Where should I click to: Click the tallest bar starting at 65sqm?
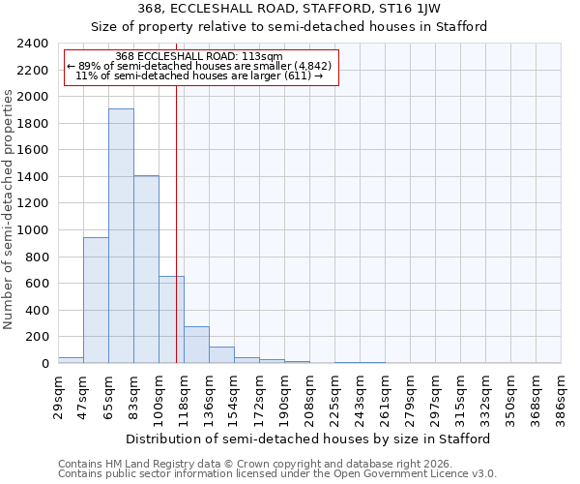click(121, 235)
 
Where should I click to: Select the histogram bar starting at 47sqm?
click(96, 300)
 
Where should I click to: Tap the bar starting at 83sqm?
click(146, 269)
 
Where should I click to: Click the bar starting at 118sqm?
click(196, 345)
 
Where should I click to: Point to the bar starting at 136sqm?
click(221, 354)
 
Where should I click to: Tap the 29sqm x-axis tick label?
click(58, 398)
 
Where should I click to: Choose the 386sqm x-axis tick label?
click(561, 398)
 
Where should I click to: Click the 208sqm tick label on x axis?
click(309, 398)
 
